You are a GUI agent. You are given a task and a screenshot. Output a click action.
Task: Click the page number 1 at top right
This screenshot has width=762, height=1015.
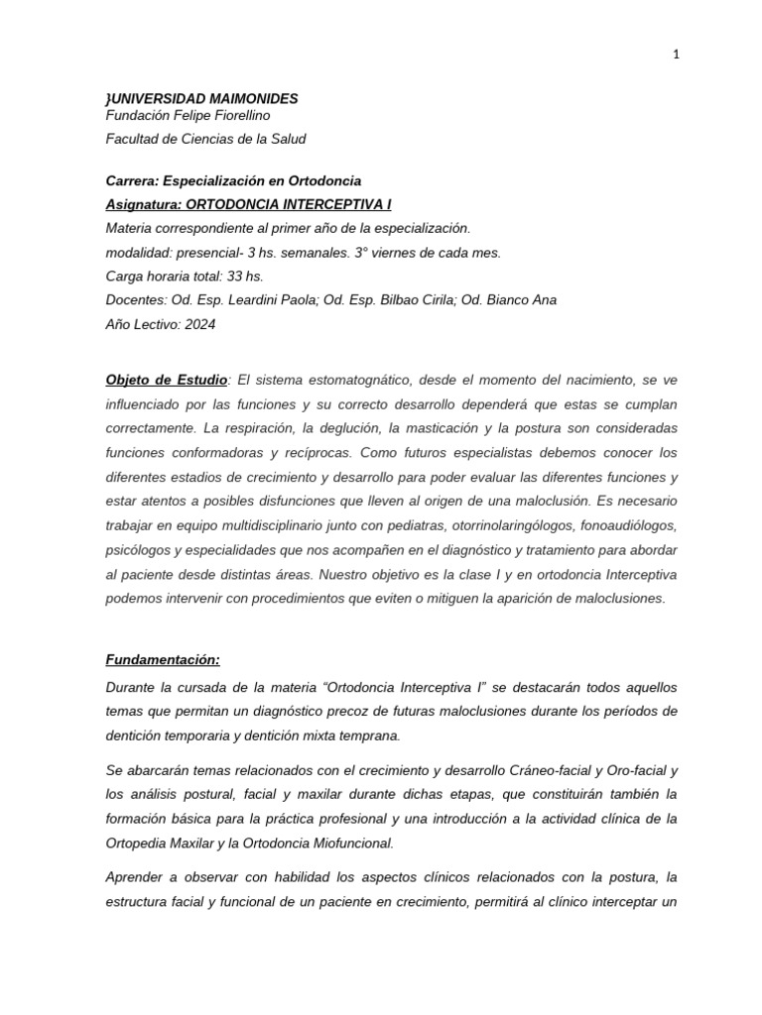[x=676, y=56]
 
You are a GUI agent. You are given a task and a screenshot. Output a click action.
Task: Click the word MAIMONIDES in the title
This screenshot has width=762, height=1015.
[x=248, y=99]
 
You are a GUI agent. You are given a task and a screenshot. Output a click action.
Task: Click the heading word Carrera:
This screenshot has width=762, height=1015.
[x=135, y=180]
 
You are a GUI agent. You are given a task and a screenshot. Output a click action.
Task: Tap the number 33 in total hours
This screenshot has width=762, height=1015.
[x=232, y=277]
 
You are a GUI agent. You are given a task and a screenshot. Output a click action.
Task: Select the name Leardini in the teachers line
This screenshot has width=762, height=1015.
[x=253, y=300]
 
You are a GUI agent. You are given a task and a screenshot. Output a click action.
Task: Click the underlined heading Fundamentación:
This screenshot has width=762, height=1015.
[x=163, y=659]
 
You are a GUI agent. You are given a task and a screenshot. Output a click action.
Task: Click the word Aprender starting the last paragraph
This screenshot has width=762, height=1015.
[x=137, y=878]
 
